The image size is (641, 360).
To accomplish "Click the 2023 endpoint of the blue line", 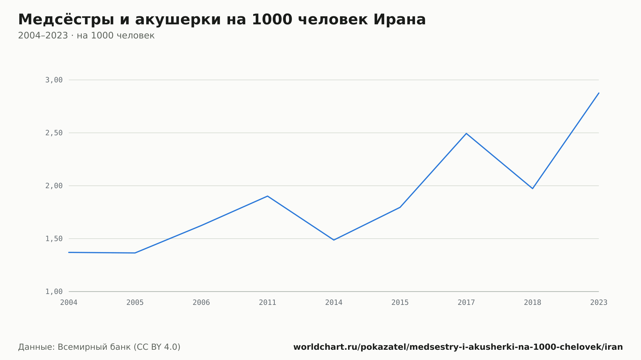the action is [x=599, y=93].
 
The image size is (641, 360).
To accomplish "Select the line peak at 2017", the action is [x=466, y=133].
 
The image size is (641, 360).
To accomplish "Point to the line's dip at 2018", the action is [x=532, y=188].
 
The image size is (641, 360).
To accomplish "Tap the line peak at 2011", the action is [x=268, y=196].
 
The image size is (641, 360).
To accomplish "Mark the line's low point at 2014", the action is [x=334, y=240].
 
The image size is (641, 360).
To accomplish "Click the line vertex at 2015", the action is [x=400, y=207].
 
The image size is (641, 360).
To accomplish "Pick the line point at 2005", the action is [x=135, y=253].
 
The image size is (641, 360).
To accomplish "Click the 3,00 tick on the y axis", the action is [x=54, y=80].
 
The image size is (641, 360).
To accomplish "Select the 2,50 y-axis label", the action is [x=54, y=133].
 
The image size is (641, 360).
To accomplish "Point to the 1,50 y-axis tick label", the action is [x=54, y=239].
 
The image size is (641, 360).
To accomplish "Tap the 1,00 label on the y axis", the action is [x=54, y=291].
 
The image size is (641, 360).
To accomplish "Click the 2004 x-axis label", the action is [x=69, y=303].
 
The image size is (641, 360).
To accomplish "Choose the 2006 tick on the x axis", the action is [x=201, y=303].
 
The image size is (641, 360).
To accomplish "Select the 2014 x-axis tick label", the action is [x=334, y=303].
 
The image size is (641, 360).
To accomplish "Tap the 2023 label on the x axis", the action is [x=599, y=303].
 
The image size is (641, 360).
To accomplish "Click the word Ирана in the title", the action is [x=399, y=20].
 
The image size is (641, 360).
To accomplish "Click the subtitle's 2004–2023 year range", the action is [x=43, y=36].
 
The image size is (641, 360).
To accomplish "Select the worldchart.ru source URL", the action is [x=458, y=347].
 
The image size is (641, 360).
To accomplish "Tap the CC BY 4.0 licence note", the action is [x=157, y=347].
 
